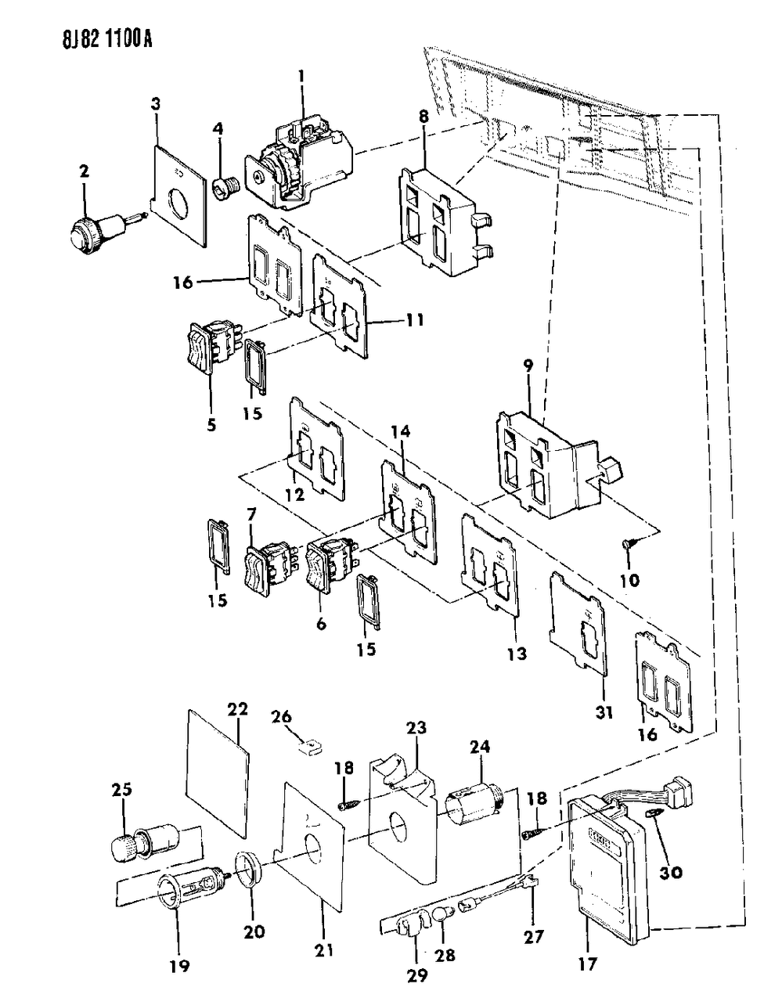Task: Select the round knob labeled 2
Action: pos(86,232)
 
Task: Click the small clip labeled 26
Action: pos(310,744)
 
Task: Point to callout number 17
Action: pos(587,944)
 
